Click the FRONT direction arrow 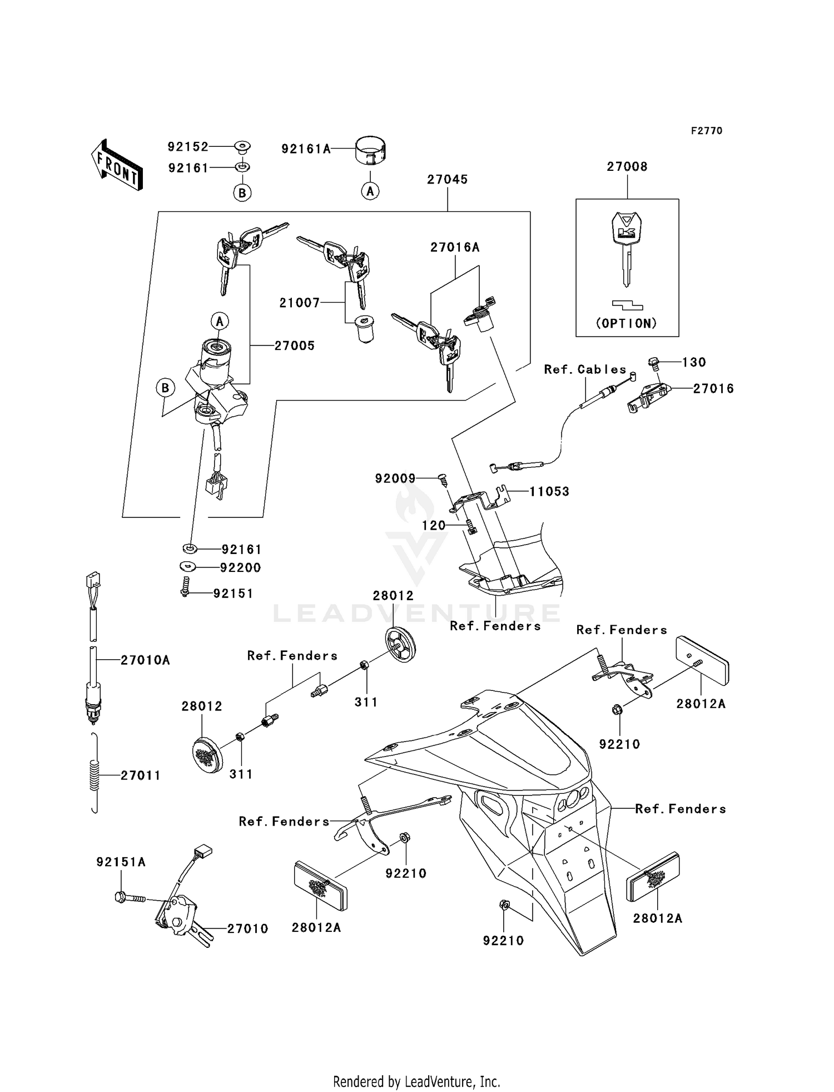tap(117, 165)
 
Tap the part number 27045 tap(447, 180)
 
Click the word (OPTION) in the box tap(627, 323)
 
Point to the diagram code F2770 tap(707, 131)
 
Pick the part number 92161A tap(306, 149)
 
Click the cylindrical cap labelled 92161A tap(371, 151)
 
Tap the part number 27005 tap(295, 346)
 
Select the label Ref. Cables tap(585, 370)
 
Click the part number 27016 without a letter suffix tap(713, 389)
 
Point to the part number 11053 tap(549, 492)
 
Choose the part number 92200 tap(241, 568)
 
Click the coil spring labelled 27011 tap(95, 774)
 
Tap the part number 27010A tap(145, 660)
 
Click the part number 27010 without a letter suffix tap(247, 928)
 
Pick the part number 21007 tap(300, 303)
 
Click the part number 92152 tap(188, 147)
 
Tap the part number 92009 tap(395, 478)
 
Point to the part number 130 tap(694, 363)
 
